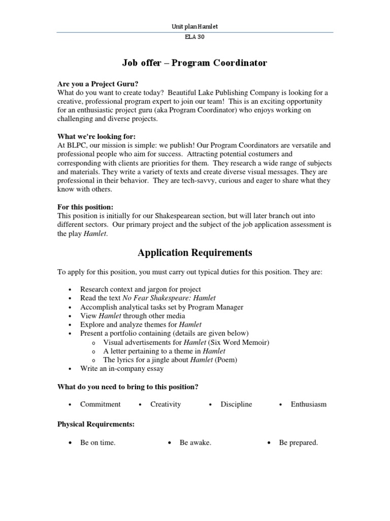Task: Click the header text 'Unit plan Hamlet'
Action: [x=194, y=26]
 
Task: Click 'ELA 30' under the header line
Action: [x=195, y=37]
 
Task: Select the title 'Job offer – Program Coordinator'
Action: [x=194, y=63]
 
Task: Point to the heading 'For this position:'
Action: [x=85, y=207]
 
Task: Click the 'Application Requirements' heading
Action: [x=194, y=253]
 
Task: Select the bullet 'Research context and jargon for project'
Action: [x=140, y=289]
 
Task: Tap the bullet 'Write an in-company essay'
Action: [x=122, y=368]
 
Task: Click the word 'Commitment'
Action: [x=101, y=404]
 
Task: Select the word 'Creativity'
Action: [x=166, y=404]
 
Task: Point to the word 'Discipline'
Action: [x=236, y=404]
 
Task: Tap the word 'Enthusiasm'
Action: [x=309, y=404]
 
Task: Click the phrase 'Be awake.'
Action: [x=196, y=443]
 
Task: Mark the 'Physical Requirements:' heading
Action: [x=96, y=424]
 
